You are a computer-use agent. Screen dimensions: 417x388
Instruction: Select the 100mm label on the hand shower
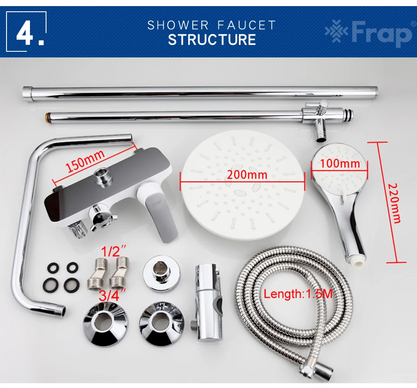(340, 163)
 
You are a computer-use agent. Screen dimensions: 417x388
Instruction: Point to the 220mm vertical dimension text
(394, 203)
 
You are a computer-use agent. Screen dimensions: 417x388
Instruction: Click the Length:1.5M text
(298, 294)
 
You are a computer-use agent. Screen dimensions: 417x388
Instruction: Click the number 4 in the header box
(25, 35)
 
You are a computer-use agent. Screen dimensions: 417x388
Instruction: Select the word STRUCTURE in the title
(212, 40)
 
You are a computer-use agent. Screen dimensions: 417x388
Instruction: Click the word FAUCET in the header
(247, 25)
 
